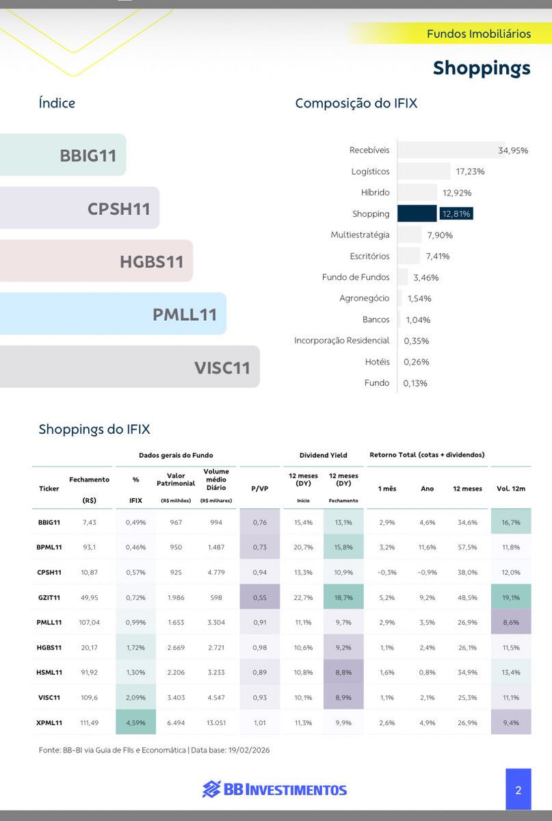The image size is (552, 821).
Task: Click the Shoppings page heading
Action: [482, 68]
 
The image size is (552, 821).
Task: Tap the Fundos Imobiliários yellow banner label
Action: [478, 34]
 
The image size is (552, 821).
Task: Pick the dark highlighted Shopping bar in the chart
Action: [417, 213]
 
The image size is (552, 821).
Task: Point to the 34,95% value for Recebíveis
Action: [513, 151]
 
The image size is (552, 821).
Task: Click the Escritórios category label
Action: [369, 256]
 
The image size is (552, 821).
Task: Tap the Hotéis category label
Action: [377, 362]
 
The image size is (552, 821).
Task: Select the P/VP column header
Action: [259, 488]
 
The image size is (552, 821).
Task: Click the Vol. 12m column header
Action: [510, 488]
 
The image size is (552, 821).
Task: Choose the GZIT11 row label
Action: [49, 597]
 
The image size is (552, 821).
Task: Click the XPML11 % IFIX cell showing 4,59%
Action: [135, 722]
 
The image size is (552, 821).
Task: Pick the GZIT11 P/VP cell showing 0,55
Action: [259, 597]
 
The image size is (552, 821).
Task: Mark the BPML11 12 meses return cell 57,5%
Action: [465, 547]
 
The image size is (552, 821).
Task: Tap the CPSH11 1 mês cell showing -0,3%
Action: [387, 572]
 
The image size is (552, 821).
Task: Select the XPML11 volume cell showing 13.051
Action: [215, 722]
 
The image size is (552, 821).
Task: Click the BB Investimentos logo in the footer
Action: [275, 790]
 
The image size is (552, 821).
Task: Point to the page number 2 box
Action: [518, 790]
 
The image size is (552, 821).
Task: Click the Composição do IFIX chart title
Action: [356, 103]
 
